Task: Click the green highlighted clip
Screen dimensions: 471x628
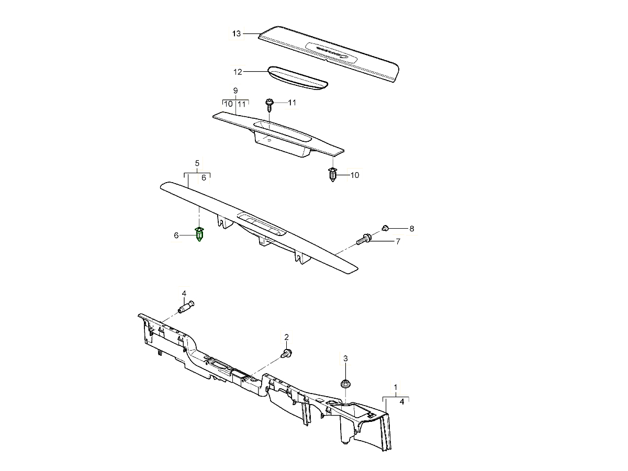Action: coord(199,235)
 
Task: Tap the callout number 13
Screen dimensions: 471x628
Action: coord(237,34)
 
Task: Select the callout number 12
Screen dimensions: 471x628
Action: coord(238,71)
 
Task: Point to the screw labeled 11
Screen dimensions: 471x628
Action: coord(270,105)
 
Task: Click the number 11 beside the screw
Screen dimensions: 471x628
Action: coord(292,103)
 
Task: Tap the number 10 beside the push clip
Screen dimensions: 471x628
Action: coord(355,175)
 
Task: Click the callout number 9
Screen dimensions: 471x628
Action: coord(235,91)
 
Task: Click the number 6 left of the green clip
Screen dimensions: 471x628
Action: coord(176,236)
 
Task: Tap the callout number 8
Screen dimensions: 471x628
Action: coord(412,229)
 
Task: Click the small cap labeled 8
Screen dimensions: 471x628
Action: coord(385,227)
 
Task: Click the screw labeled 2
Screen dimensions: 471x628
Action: coord(287,353)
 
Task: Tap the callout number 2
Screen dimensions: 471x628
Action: coord(286,337)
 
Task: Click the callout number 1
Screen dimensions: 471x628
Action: coord(396,388)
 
